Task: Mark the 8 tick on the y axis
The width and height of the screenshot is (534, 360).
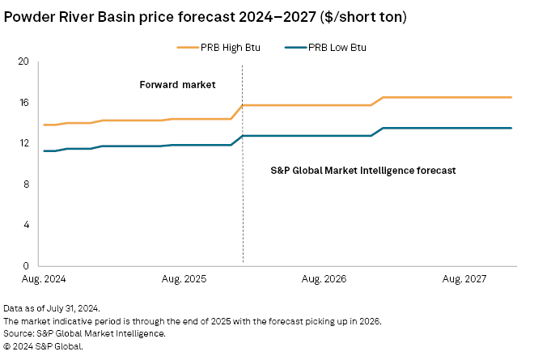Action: (26, 184)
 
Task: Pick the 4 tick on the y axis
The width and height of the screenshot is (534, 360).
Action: (26, 225)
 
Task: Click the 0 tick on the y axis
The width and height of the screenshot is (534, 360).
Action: (26, 266)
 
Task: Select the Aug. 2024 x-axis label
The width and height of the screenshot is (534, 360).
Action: (44, 278)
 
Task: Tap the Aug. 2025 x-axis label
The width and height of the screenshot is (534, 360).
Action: (184, 278)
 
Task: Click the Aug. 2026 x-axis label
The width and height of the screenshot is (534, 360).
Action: (324, 278)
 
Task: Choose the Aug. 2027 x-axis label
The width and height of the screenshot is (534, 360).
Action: (464, 278)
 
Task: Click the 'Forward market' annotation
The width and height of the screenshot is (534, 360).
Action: (172, 84)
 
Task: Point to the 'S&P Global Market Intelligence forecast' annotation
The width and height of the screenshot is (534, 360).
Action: (362, 171)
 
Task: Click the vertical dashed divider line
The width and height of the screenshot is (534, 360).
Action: (243, 202)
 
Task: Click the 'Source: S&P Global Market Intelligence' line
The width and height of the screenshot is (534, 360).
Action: (84, 333)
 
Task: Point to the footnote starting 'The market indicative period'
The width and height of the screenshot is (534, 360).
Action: (192, 321)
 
